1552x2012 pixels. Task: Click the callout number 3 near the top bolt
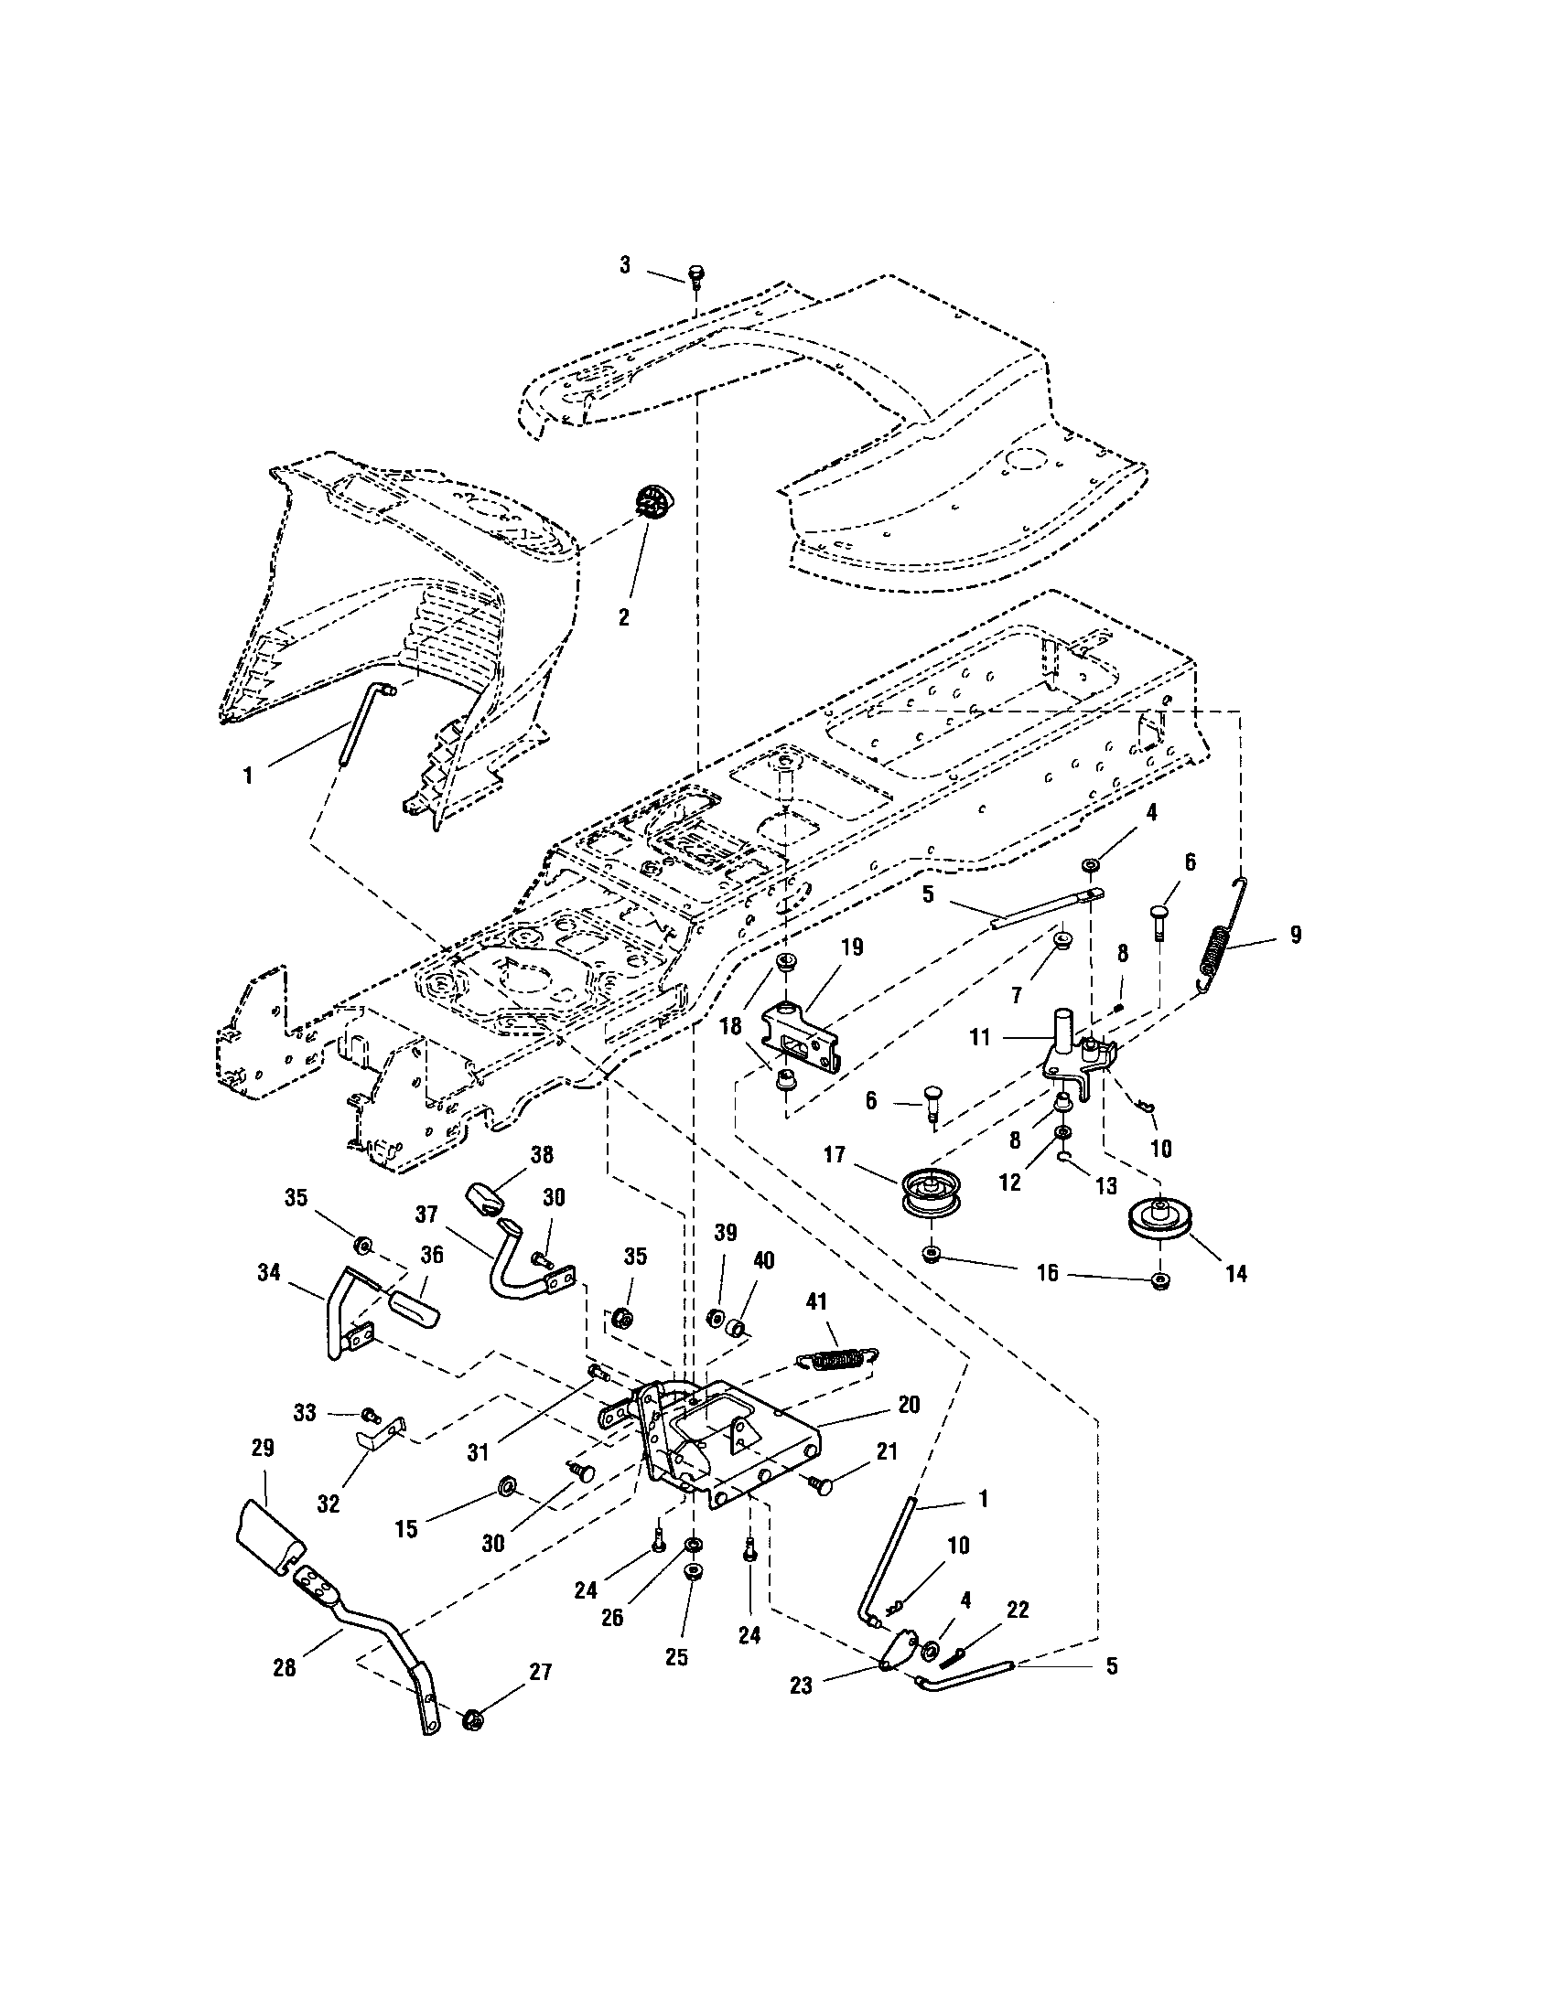tap(625, 265)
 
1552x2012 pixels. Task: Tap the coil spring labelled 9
tap(1219, 949)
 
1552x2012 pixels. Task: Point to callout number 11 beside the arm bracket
tap(980, 1037)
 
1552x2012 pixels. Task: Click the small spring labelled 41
tap(837, 1360)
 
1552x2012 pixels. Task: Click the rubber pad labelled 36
tap(413, 1308)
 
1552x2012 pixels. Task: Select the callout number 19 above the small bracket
tap(852, 947)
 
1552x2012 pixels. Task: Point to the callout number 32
tap(329, 1504)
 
